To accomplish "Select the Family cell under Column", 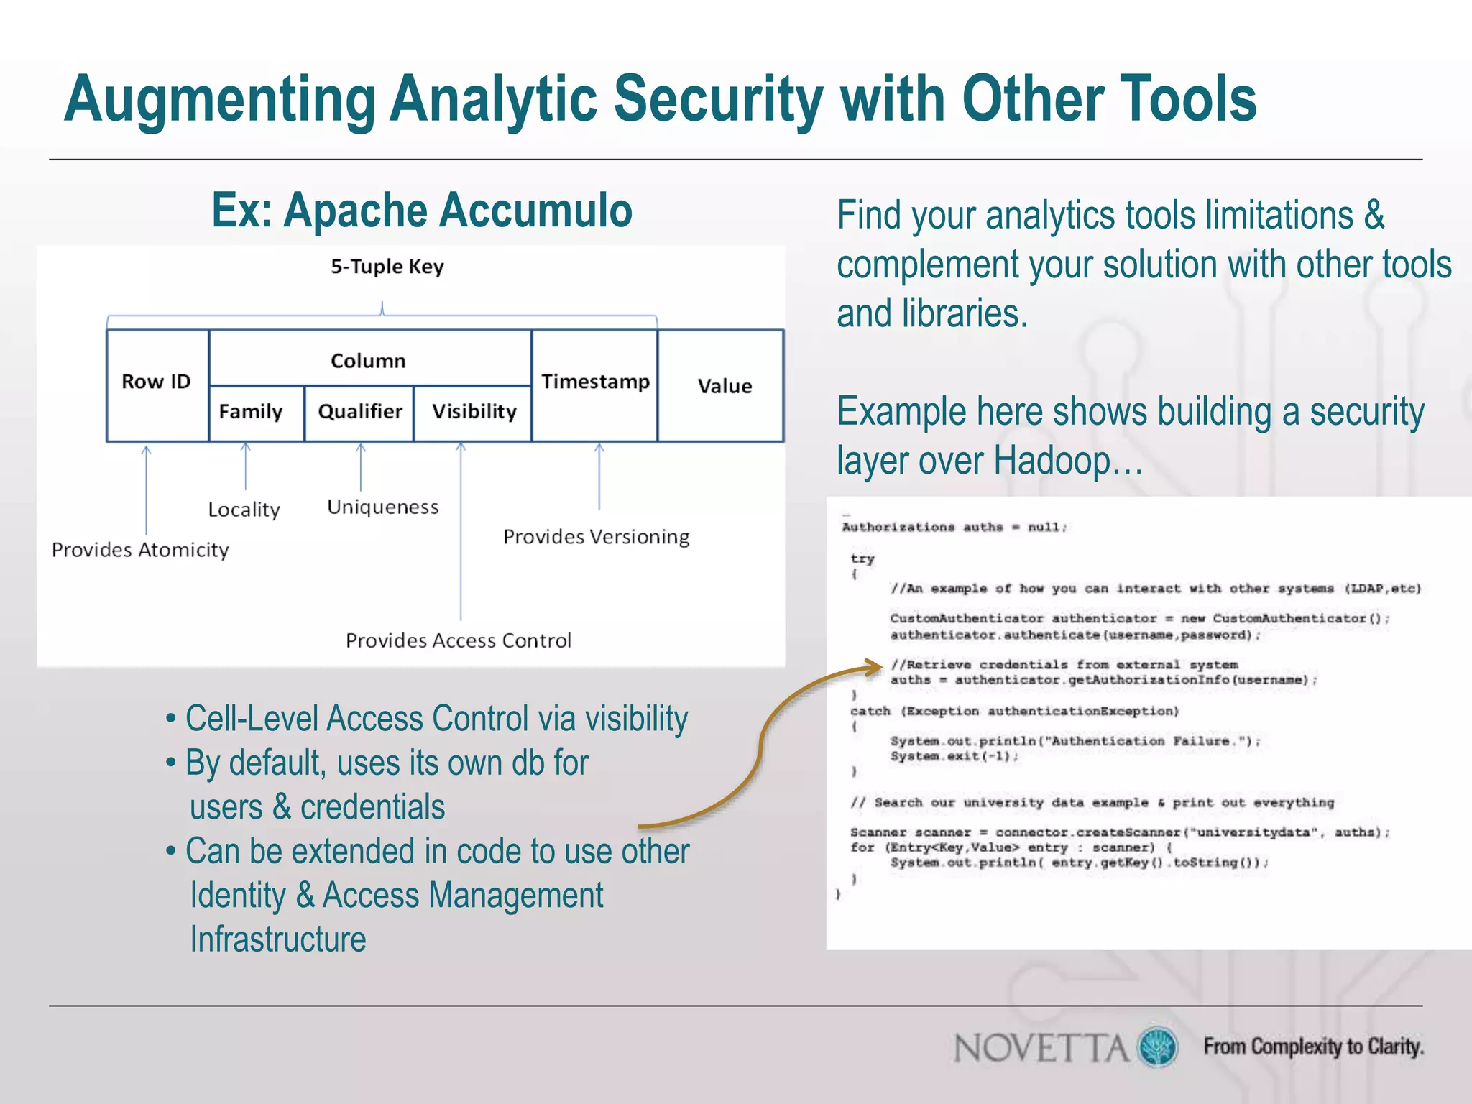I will (x=251, y=412).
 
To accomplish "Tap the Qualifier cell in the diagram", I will (x=359, y=412).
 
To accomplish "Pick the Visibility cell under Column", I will (x=474, y=412).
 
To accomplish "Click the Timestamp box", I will (x=594, y=382).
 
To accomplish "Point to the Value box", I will (x=724, y=387).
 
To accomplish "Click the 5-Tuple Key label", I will (x=387, y=267).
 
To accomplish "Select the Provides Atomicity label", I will (x=140, y=550).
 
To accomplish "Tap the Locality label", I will (x=244, y=510).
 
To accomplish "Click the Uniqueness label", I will (x=382, y=507).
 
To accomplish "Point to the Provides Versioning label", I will (x=596, y=537).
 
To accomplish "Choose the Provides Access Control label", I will (x=459, y=640).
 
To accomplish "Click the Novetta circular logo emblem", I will (x=1157, y=1046).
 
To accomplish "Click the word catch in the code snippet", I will (x=870, y=711).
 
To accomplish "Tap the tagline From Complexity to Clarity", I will (x=1313, y=1046).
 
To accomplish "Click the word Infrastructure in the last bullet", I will (x=278, y=939).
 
